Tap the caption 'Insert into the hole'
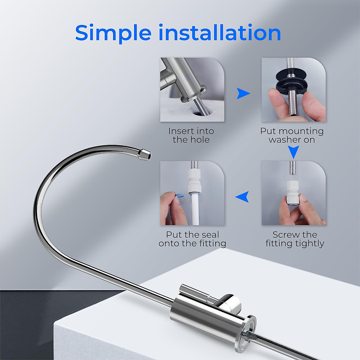[x=191, y=135]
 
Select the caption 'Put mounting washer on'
[x=292, y=135]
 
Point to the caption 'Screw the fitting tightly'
[x=295, y=239]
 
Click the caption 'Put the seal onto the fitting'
[x=192, y=239]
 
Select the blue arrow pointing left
[x=242, y=197]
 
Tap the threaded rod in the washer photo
[x=293, y=105]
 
